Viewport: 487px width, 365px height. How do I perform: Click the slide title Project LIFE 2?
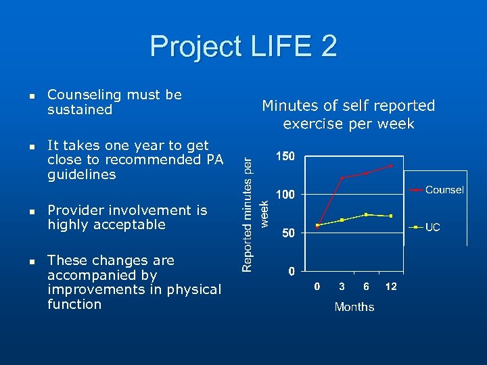[x=243, y=47]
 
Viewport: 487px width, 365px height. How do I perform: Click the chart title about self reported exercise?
[x=348, y=114]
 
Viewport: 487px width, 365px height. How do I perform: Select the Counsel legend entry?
[x=444, y=190]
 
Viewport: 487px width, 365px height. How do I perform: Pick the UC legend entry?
[x=432, y=227]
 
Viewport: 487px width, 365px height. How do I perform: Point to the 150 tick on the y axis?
[x=285, y=157]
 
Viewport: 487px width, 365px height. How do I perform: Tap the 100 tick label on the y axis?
[x=285, y=195]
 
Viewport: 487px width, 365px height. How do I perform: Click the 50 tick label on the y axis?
[x=288, y=233]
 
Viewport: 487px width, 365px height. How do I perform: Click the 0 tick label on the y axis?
[x=291, y=272]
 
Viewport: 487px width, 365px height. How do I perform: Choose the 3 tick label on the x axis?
[x=342, y=287]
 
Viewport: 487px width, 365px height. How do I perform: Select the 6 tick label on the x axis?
[x=366, y=287]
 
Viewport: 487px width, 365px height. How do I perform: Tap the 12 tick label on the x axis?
[x=390, y=287]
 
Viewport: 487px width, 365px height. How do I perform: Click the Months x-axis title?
[x=354, y=307]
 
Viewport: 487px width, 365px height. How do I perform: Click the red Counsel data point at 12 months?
[x=390, y=166]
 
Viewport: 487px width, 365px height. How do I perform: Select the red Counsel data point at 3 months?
[x=342, y=178]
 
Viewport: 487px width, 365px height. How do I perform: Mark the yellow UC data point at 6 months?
[x=366, y=214]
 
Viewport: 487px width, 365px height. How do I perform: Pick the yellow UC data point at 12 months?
[x=390, y=216]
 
